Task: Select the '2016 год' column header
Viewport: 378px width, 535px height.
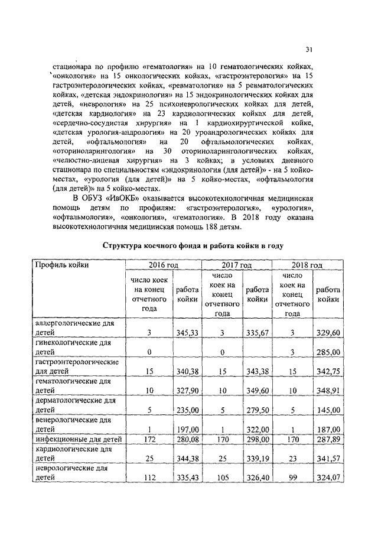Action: point(164,265)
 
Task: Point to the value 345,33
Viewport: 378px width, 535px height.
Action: point(187,333)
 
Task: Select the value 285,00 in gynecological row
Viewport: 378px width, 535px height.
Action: point(328,352)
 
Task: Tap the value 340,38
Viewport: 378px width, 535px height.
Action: point(187,371)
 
